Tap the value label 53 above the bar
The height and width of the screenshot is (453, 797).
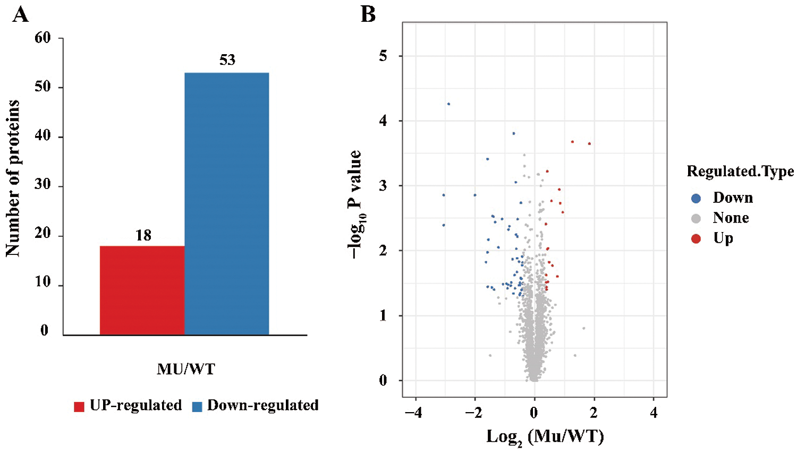227,60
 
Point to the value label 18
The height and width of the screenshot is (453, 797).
143,235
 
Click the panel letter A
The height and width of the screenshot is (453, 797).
20,14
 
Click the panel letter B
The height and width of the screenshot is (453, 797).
368,14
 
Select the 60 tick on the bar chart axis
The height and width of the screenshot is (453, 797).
43,38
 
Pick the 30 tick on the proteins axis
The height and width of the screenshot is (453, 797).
43,185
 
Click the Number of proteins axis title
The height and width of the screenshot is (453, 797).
13,178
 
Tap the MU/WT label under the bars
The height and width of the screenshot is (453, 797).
186,369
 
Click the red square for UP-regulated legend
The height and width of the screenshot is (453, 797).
79,407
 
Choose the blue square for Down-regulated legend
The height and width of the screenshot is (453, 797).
197,407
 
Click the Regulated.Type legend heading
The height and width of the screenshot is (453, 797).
740,172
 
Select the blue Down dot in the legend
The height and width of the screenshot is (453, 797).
696,199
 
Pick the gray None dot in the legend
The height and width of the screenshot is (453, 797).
696,218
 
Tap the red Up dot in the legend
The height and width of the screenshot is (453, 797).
696,238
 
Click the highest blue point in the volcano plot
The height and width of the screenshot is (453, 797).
448,104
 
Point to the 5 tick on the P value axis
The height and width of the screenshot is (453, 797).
383,56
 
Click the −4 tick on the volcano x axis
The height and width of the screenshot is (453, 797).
413,413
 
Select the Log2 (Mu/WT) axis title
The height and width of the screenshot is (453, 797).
545,437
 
